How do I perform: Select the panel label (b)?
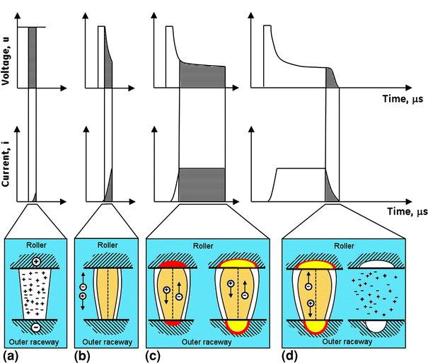(x=82, y=354)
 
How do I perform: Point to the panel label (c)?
(x=154, y=354)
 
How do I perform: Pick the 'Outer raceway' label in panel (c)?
(x=207, y=340)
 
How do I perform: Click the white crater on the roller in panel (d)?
(x=377, y=263)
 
